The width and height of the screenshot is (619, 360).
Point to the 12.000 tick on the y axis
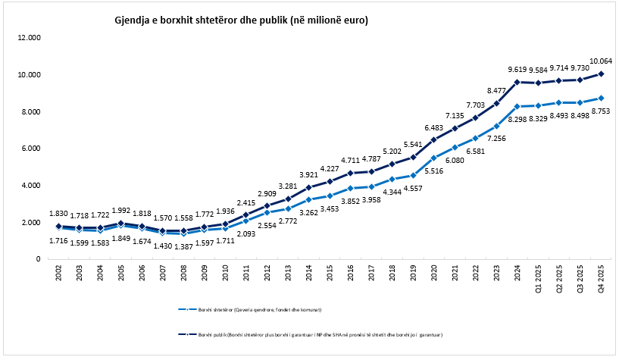30,38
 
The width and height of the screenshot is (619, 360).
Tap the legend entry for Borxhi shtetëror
250,309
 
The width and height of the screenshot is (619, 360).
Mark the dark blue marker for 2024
517,82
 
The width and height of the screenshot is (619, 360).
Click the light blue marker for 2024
517,106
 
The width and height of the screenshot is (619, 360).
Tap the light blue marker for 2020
434,158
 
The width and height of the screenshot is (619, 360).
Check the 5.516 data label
434,172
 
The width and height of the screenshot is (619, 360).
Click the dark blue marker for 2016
351,173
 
